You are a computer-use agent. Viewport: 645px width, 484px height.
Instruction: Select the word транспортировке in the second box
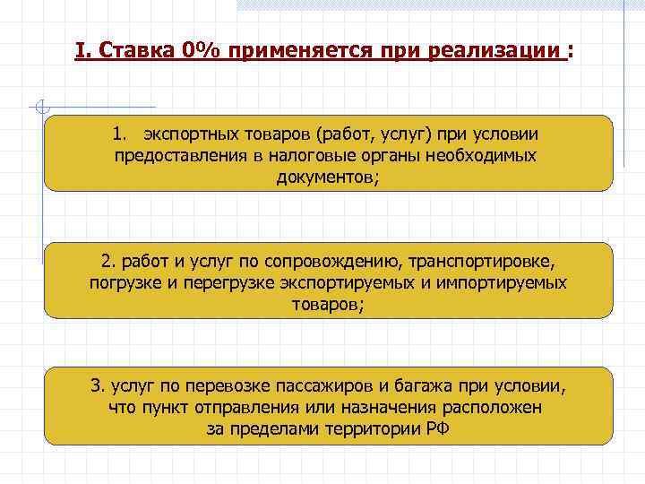pos(484,263)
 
